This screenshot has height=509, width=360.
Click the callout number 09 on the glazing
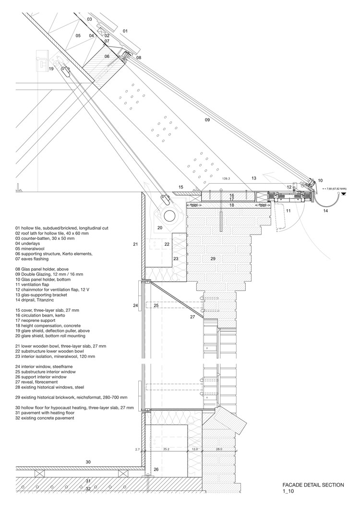pyautogui.click(x=207, y=120)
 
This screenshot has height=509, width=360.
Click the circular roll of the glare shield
pyautogui.click(x=169, y=214)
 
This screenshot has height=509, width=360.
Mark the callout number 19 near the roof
pyautogui.click(x=51, y=69)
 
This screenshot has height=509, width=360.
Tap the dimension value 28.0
pyautogui.click(x=219, y=450)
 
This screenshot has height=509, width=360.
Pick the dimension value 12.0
pyautogui.click(x=195, y=450)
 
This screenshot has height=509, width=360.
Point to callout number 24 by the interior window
pyautogui.click(x=135, y=305)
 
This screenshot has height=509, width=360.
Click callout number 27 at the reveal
pyautogui.click(x=192, y=317)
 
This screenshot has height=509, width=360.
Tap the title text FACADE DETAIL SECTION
pyautogui.click(x=313, y=485)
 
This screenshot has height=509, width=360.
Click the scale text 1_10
pyautogui.click(x=289, y=492)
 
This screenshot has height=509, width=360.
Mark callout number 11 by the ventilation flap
pyautogui.click(x=288, y=210)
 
